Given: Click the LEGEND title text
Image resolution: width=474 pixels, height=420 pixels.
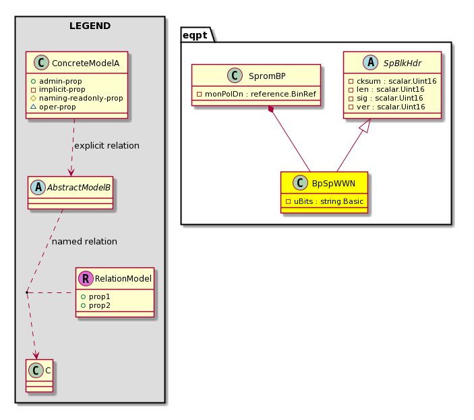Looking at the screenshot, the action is [90, 26].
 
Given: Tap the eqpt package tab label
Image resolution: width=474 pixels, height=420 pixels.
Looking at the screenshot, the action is [195, 35].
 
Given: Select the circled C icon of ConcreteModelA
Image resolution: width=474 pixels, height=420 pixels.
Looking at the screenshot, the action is [41, 63].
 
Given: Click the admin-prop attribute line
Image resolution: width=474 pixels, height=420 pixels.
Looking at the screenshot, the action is [56, 81].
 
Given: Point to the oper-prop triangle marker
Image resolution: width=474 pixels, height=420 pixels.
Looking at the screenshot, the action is [33, 107].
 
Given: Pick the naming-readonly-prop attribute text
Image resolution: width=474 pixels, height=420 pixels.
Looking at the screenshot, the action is [81, 98].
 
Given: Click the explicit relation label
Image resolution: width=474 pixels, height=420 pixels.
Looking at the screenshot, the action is [107, 146].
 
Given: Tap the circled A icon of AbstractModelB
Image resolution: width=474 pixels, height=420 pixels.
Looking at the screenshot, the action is [38, 187].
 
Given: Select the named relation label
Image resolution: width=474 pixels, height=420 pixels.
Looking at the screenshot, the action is [84, 241].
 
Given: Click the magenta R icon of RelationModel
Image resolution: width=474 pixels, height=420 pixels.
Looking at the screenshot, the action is [86, 278].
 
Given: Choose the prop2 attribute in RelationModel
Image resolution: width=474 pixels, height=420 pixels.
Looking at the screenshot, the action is [96, 305].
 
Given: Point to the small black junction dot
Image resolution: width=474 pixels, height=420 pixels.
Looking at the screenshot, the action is [27, 292].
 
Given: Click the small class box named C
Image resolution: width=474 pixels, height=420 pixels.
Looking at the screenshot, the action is [39, 375].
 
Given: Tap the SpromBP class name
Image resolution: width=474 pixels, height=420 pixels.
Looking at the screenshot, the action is [267, 76].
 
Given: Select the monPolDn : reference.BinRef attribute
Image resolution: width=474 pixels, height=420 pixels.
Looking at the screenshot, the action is [256, 94].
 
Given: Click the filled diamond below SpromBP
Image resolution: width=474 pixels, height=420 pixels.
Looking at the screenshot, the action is [271, 109].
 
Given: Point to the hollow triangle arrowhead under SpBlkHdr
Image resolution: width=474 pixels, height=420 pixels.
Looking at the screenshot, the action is [365, 126].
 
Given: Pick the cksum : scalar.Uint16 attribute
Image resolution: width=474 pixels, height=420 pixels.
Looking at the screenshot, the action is [392, 81].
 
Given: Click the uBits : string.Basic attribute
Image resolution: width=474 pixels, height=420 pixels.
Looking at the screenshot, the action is [325, 201].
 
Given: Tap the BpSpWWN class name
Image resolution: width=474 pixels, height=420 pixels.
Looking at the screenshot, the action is [334, 183].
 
